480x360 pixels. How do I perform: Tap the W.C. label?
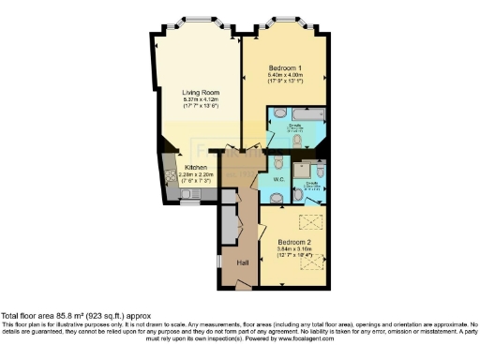click(x=278, y=178)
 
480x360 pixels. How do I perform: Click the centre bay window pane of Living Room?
click(x=197, y=20)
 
